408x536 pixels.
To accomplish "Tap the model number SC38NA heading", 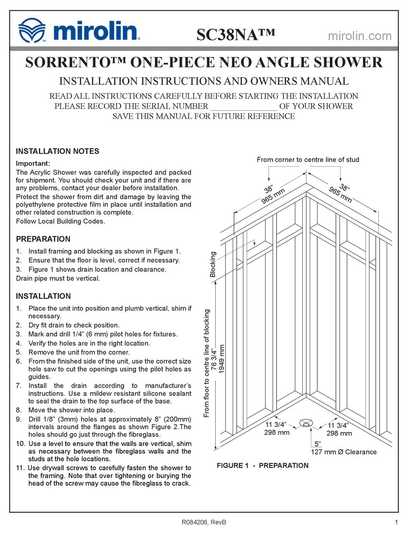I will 235,34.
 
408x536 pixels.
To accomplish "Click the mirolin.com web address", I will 359,36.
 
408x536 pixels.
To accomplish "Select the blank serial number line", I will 243,106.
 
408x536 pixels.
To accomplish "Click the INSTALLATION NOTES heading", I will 58,151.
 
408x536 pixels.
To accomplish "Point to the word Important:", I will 33,164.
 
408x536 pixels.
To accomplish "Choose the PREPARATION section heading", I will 43,239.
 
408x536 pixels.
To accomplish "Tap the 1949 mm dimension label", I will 222,359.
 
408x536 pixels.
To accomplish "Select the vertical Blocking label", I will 213,265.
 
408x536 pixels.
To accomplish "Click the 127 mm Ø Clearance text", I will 344,452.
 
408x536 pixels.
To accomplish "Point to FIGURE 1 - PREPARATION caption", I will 262,466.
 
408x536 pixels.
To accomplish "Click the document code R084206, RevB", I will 204,522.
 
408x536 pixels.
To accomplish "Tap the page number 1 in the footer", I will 395,522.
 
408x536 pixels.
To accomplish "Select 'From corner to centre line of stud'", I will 308,160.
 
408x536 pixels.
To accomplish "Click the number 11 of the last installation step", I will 20,468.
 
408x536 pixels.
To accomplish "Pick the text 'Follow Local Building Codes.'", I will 61,221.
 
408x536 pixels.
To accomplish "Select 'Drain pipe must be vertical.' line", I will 58,278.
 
